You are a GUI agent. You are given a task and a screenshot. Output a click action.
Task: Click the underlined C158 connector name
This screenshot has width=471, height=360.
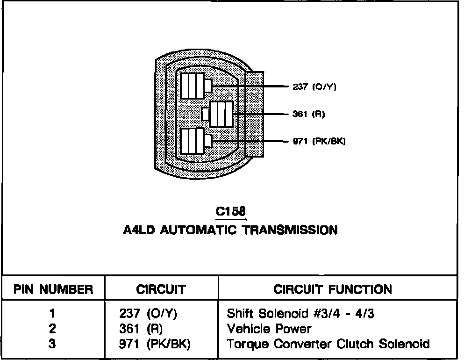(x=230, y=212)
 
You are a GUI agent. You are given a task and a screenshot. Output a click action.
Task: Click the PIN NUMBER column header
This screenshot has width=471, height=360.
(x=53, y=289)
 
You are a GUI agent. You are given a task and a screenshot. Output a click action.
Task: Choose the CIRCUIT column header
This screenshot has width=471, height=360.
(x=161, y=289)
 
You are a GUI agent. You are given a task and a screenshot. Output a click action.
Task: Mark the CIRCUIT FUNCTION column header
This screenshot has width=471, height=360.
(x=333, y=289)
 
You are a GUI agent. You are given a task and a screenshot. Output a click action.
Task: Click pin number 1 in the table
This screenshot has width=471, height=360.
(x=52, y=313)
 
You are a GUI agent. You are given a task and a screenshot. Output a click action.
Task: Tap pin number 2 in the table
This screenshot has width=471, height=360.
(x=52, y=329)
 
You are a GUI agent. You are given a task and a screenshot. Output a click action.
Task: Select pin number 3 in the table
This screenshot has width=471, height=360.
(x=52, y=344)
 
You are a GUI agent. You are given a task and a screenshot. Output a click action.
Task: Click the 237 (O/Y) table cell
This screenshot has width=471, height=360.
(x=148, y=313)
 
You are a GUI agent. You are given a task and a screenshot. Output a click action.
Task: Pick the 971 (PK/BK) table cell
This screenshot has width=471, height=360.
(x=155, y=345)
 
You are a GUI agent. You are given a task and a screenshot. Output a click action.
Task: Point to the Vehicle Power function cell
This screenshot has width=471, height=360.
(x=269, y=329)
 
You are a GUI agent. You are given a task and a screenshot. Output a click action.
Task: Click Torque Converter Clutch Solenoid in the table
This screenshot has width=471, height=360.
(x=328, y=345)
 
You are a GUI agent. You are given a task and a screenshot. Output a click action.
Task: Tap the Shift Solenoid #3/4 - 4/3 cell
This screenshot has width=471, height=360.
(x=300, y=313)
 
